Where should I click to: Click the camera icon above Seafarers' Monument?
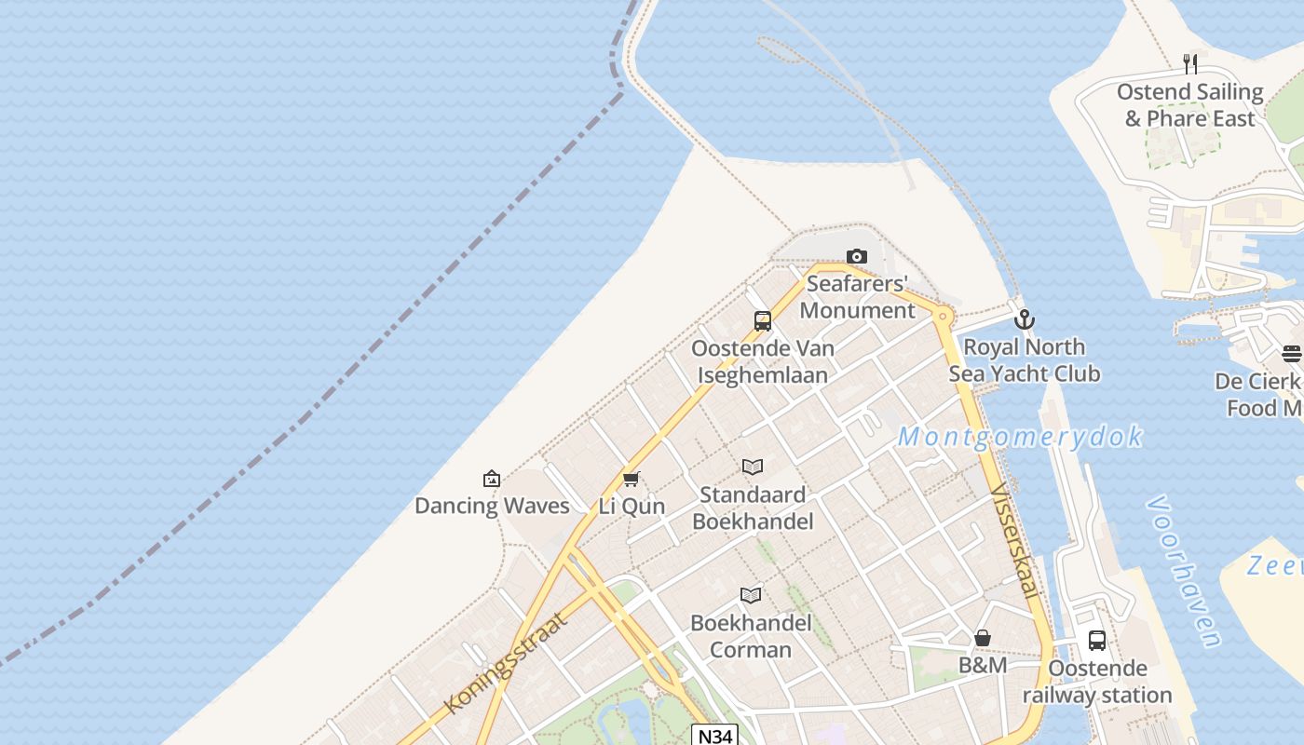pos(856,256)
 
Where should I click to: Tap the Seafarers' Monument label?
pos(857,297)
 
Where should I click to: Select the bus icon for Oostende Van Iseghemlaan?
pos(763,321)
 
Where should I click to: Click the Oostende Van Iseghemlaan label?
pos(763,361)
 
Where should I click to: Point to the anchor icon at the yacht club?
pos(1025,319)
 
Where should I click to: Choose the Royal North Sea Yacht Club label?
pos(1025,360)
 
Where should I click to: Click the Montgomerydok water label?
pos(1020,437)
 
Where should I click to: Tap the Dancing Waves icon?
pos(492,479)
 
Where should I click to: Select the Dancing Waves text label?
pos(492,506)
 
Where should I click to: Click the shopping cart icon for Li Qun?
pos(632,480)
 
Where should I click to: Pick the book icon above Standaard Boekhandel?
pos(753,467)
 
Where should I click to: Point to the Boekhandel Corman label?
pos(751,636)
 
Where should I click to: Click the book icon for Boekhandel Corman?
pos(751,595)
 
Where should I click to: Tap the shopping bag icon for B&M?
pos(983,638)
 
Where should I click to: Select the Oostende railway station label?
pos(1097,682)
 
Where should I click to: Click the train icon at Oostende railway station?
pos(1097,641)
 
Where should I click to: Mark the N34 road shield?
pos(714,736)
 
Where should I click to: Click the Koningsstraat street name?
pos(506,663)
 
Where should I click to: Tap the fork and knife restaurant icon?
pos(1189,64)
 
